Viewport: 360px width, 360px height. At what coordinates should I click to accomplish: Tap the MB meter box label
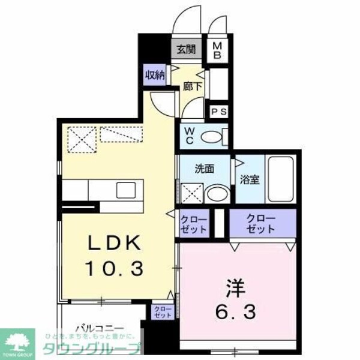pyautogui.click(x=218, y=50)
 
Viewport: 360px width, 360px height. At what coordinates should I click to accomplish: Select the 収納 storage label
pyautogui.click(x=155, y=75)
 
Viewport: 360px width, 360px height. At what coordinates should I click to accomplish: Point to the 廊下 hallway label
pyautogui.click(x=192, y=86)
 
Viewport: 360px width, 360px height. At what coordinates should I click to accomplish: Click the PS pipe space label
pyautogui.click(x=218, y=112)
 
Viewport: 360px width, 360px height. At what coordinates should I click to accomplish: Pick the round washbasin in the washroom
pyautogui.click(x=215, y=194)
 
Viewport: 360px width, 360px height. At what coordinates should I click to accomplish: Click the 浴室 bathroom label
pyautogui.click(x=250, y=179)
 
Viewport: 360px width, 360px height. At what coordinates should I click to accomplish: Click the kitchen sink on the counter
pyautogui.click(x=127, y=190)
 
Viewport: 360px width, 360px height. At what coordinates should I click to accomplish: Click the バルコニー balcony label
pyautogui.click(x=100, y=328)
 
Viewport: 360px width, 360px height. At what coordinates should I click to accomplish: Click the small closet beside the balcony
pyautogui.click(x=163, y=312)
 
